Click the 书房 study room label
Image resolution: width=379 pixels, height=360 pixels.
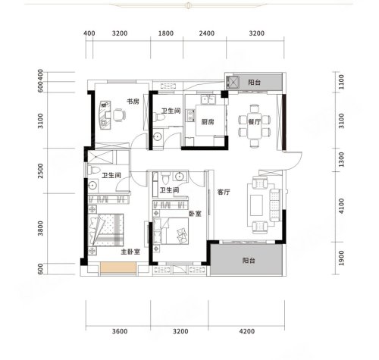pyautogui.click(x=133, y=102)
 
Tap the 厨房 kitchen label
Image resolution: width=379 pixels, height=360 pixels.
pyautogui.click(x=208, y=122)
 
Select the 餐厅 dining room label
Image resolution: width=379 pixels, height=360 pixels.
pyautogui.click(x=254, y=122)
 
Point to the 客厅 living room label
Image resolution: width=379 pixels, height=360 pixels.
pyautogui.click(x=224, y=193)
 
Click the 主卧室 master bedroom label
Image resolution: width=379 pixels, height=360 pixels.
pyautogui.click(x=130, y=252)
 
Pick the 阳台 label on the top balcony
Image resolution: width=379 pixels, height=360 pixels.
pyautogui.click(x=254, y=83)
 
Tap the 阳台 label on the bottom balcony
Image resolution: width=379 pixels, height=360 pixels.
pyautogui.click(x=249, y=261)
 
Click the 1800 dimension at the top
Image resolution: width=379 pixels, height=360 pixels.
pyautogui.click(x=166, y=33)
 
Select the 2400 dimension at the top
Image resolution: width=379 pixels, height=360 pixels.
pyautogui.click(x=207, y=33)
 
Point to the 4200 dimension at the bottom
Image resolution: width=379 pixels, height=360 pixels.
pyautogui.click(x=247, y=331)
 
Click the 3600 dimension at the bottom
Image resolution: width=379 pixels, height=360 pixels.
pyautogui.click(x=120, y=331)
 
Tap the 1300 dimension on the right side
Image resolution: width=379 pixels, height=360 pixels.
pyautogui.click(x=341, y=159)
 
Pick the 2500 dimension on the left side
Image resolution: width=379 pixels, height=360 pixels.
pyautogui.click(x=40, y=171)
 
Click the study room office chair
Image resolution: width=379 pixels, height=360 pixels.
pyautogui.click(x=119, y=115)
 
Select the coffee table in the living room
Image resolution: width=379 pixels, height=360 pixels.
pyautogui.click(x=256, y=205)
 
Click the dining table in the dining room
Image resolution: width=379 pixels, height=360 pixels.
pyautogui.click(x=254, y=126)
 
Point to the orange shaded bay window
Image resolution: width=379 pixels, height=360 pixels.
pyautogui.click(x=118, y=268)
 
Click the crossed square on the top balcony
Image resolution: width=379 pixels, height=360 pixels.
pyautogui.click(x=233, y=82)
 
